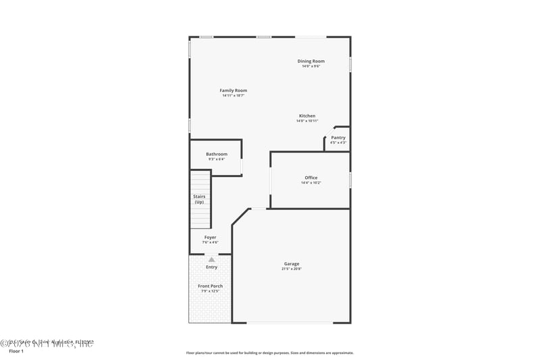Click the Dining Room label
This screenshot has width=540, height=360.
click(311, 61)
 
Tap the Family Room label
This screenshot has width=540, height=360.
click(233, 91)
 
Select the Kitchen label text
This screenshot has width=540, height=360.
click(307, 115)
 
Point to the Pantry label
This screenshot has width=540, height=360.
click(338, 138)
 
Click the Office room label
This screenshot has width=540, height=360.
click(310, 178)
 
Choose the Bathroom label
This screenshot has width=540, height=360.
click(217, 154)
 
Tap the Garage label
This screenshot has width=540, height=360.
click(292, 263)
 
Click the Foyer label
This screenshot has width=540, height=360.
click(211, 237)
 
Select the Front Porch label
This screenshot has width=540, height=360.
click(210, 286)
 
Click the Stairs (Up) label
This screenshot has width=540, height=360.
click(199, 199)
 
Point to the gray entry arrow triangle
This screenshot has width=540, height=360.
click(211, 259)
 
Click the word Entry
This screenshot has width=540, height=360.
click(211, 267)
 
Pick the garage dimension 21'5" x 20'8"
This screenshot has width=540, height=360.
click(292, 269)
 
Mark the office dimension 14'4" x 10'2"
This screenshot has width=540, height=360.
click(310, 182)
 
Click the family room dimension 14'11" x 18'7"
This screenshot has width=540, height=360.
click(233, 96)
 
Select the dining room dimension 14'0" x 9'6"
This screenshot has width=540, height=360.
click(311, 66)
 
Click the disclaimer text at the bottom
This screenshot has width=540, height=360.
click(269, 353)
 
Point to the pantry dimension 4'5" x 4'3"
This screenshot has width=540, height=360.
click(338, 143)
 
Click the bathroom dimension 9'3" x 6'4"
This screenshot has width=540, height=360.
click(217, 159)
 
